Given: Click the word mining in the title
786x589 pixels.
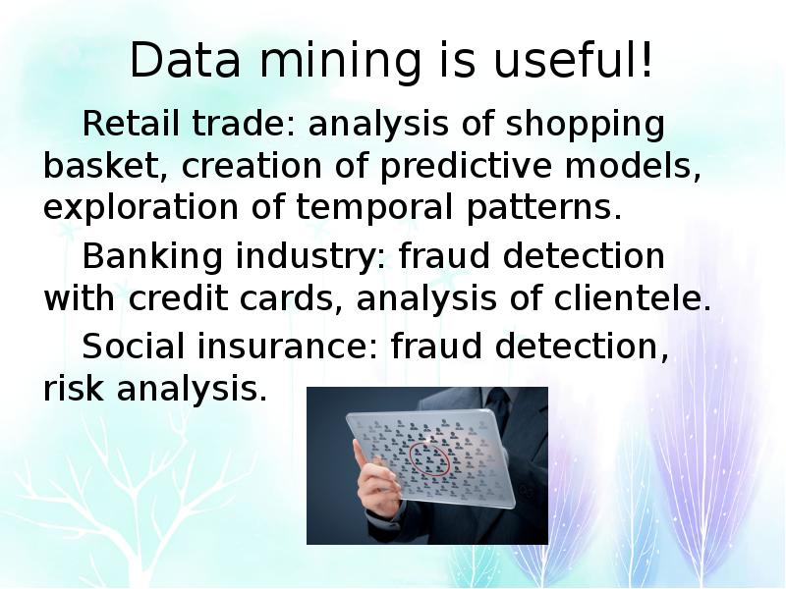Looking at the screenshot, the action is click(340, 62).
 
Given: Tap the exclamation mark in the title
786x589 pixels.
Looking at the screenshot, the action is click(646, 58).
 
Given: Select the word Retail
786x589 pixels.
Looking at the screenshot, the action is click(131, 124).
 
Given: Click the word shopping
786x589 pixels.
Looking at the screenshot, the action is click(585, 126).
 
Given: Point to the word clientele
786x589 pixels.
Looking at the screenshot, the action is click(632, 298).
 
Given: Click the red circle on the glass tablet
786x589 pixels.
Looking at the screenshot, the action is click(429, 459).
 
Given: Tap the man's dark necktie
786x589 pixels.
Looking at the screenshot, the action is click(498, 403).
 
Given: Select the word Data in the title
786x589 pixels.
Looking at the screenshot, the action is click(186, 60).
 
